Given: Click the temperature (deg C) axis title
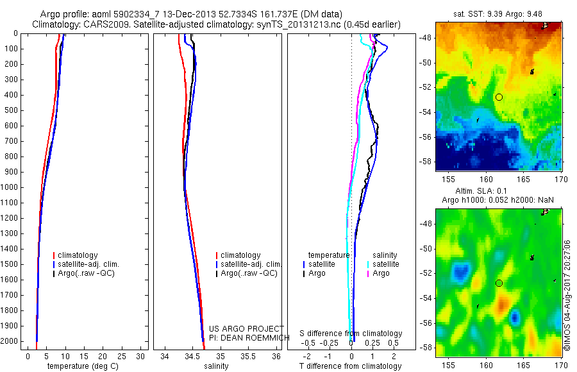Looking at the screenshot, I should [81, 366].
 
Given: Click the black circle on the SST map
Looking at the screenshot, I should [499, 97].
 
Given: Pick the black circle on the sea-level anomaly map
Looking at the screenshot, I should [499, 283].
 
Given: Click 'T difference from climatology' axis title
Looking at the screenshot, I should [351, 366].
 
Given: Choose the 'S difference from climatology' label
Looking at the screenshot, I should [351, 334].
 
